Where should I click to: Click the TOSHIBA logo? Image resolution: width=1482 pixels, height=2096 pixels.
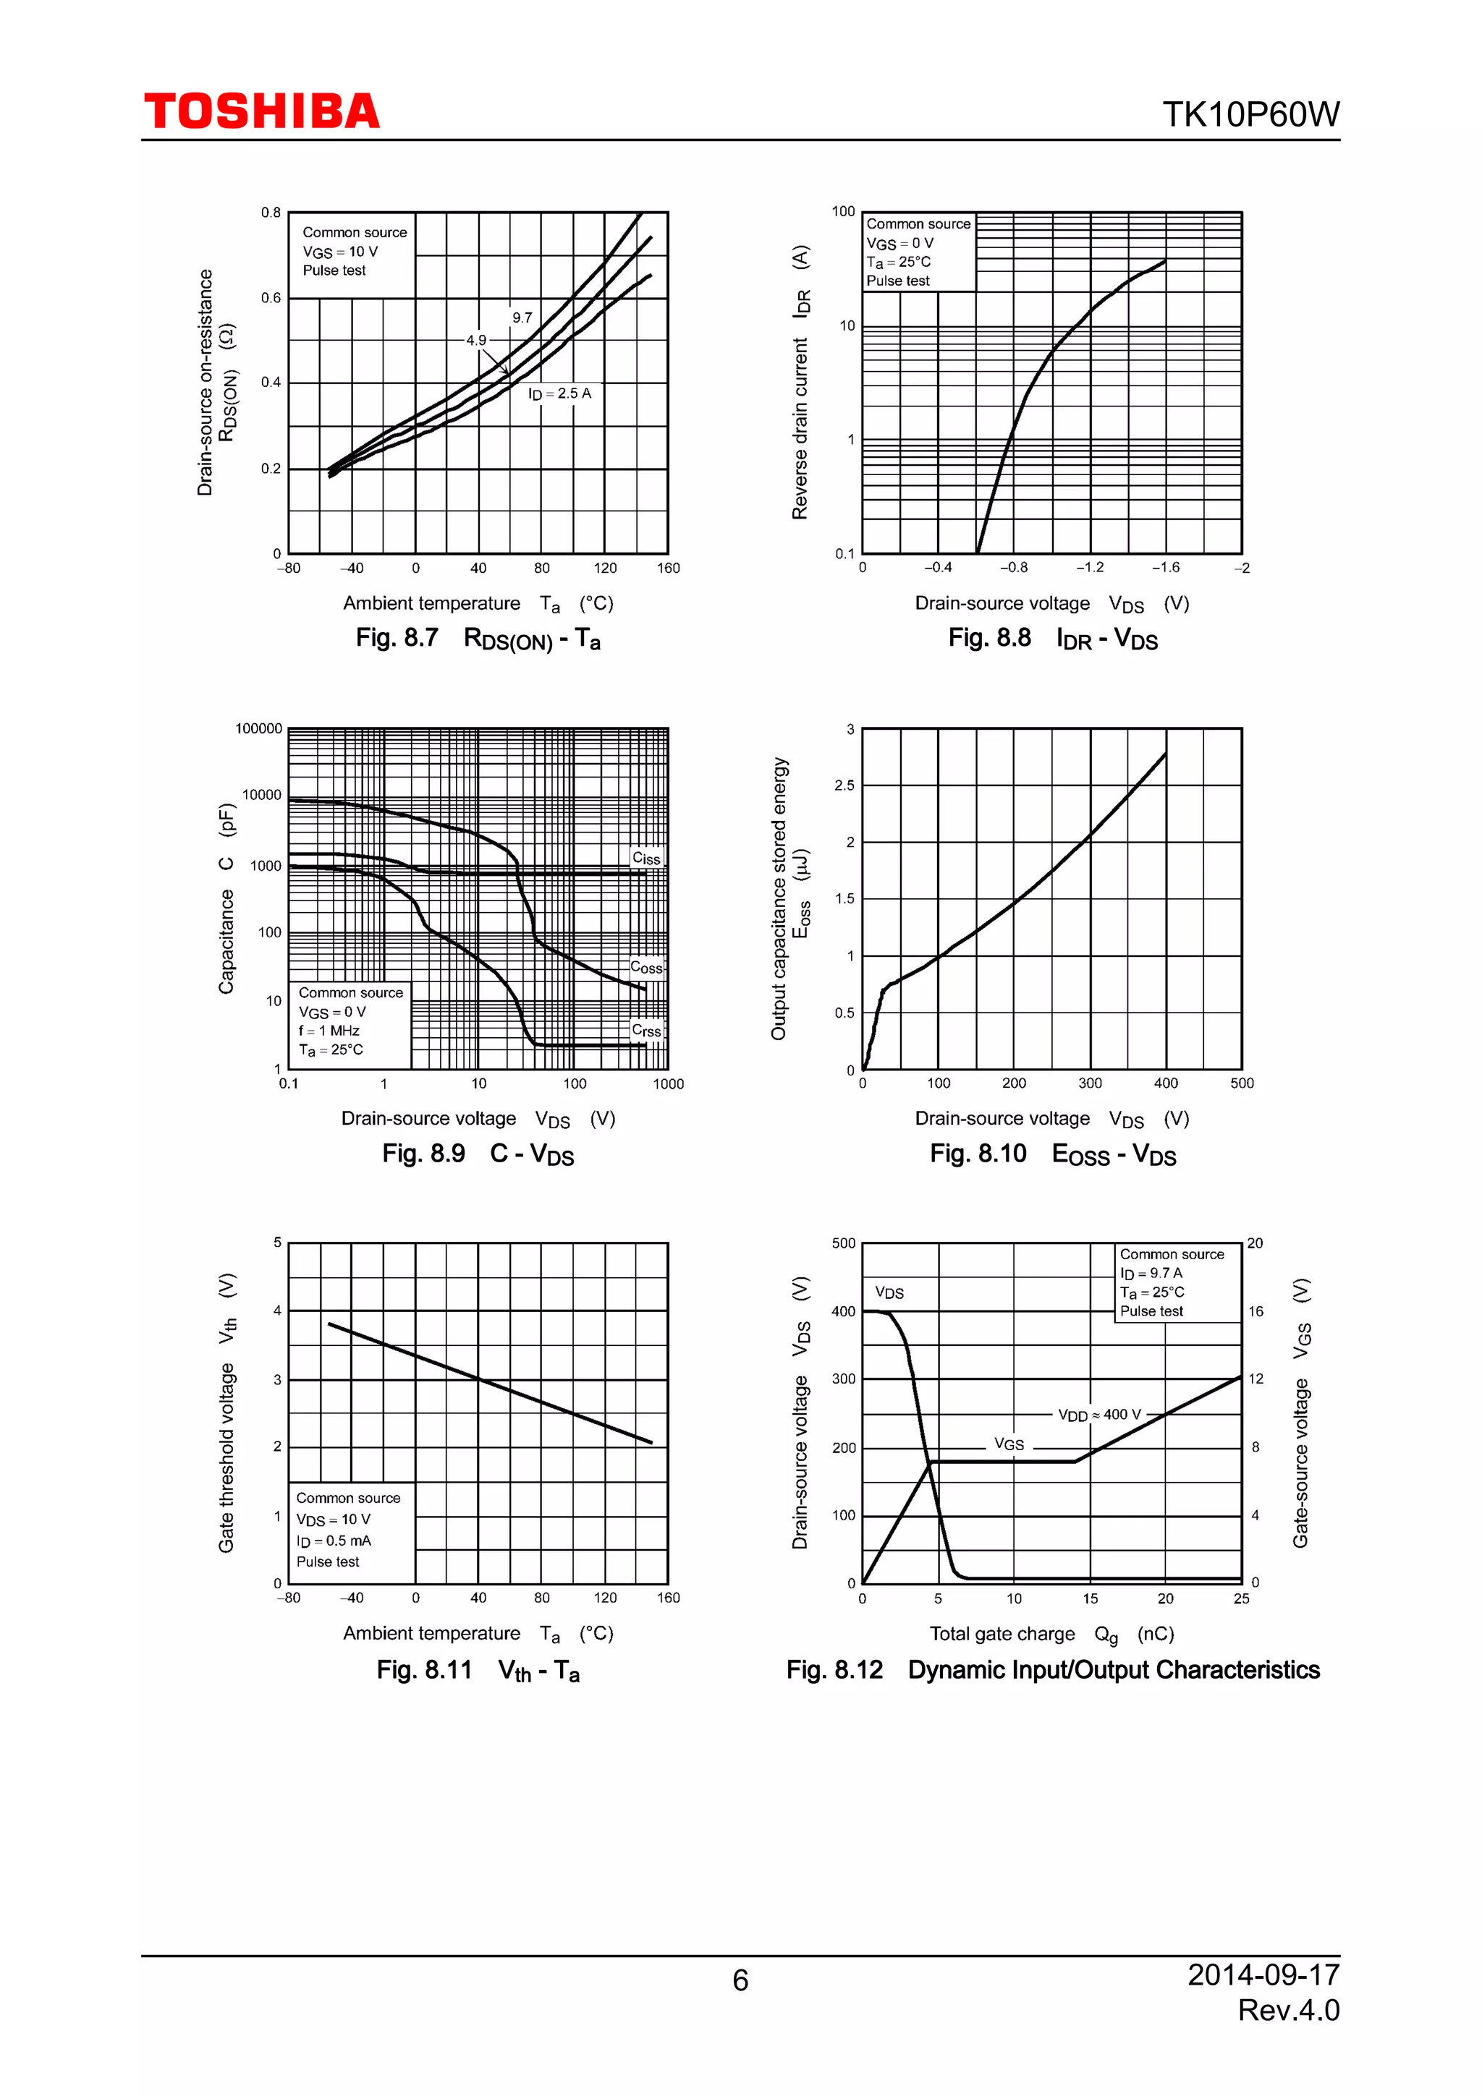pyautogui.click(x=261, y=111)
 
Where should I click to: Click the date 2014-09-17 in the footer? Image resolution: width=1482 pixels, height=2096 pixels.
pyautogui.click(x=1263, y=1974)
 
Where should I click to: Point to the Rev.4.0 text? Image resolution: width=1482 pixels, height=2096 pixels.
pyautogui.click(x=1287, y=2009)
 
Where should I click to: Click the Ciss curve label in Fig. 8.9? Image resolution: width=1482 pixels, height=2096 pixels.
pyautogui.click(x=645, y=858)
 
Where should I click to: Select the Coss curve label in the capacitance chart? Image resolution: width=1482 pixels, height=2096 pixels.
pyautogui.click(x=645, y=967)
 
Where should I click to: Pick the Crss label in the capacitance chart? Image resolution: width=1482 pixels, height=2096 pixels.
pyautogui.click(x=645, y=1031)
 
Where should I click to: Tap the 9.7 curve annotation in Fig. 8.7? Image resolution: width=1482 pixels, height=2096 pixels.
pyautogui.click(x=522, y=318)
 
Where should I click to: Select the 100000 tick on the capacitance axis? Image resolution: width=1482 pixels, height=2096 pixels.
pyautogui.click(x=258, y=728)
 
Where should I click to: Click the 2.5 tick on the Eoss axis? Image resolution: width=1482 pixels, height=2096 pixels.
pyautogui.click(x=844, y=785)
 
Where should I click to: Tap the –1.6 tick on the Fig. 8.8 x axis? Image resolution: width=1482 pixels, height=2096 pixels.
pyautogui.click(x=1164, y=568)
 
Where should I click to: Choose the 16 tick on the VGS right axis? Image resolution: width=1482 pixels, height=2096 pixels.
pyautogui.click(x=1256, y=1312)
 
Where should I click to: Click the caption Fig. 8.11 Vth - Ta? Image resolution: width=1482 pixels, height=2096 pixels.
pyautogui.click(x=478, y=1671)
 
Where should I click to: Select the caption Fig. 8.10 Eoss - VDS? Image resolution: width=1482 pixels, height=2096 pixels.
pyautogui.click(x=1052, y=1155)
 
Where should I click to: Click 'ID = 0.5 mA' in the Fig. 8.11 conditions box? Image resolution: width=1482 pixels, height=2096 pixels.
pyautogui.click(x=334, y=1541)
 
